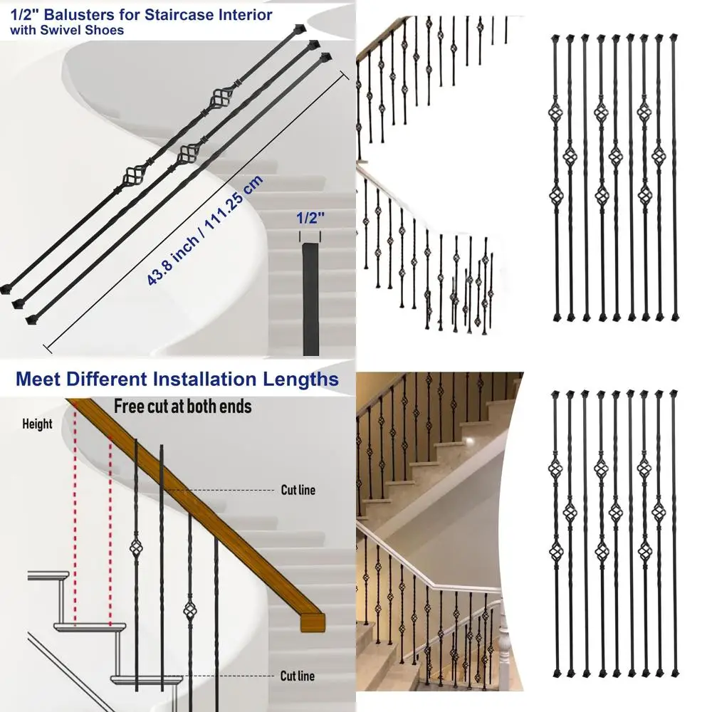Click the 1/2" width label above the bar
(x=309, y=219)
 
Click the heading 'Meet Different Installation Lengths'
(x=177, y=379)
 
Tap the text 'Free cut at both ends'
(x=183, y=407)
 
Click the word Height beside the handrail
(x=37, y=424)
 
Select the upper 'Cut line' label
(x=298, y=490)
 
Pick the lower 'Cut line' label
(x=298, y=676)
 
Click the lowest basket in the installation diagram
(x=189, y=611)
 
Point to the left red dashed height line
(x=75, y=527)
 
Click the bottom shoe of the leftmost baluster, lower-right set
(x=556, y=672)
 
